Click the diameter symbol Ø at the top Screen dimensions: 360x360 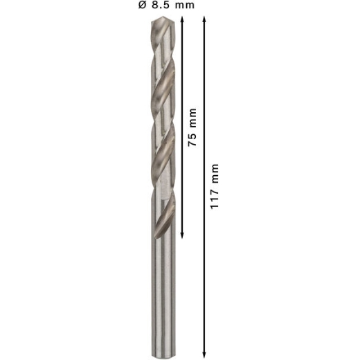coord(142,5)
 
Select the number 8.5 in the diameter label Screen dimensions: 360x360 coord(161,5)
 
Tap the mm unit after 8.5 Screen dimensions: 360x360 coord(185,6)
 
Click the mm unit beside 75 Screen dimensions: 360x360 coord(192,118)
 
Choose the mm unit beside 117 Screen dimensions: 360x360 coord(215,174)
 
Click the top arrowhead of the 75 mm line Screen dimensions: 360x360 coord(182,19)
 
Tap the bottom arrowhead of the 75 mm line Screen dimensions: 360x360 coord(182,235)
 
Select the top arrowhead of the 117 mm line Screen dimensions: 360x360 coord(204,19)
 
